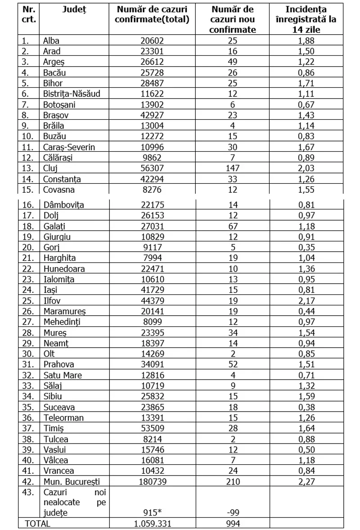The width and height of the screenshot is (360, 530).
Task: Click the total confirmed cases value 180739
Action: tap(152, 482)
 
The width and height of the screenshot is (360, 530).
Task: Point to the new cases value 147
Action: tap(233, 168)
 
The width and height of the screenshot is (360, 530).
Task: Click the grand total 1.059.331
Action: tap(152, 524)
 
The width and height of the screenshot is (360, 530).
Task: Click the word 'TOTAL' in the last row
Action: tap(38, 524)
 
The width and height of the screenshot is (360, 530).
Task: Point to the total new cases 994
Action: tap(233, 524)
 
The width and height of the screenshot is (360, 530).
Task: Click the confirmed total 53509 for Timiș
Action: tap(152, 428)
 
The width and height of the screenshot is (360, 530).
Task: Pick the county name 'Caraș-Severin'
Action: tap(69, 147)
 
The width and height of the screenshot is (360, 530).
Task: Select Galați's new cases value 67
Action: tap(233, 226)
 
